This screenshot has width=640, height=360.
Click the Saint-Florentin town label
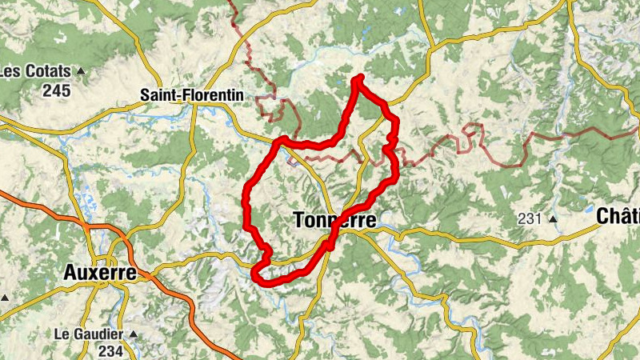coord(192,94)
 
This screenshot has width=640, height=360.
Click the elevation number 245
coord(57,90)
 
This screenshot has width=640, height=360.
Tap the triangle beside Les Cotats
coord(81,72)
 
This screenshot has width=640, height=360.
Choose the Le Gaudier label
coord(88,333)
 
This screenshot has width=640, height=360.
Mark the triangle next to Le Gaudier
coord(134,334)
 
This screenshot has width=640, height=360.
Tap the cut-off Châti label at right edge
coord(618,215)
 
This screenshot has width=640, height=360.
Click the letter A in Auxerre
coord(70,274)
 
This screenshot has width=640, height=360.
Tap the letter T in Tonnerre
coord(300,219)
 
